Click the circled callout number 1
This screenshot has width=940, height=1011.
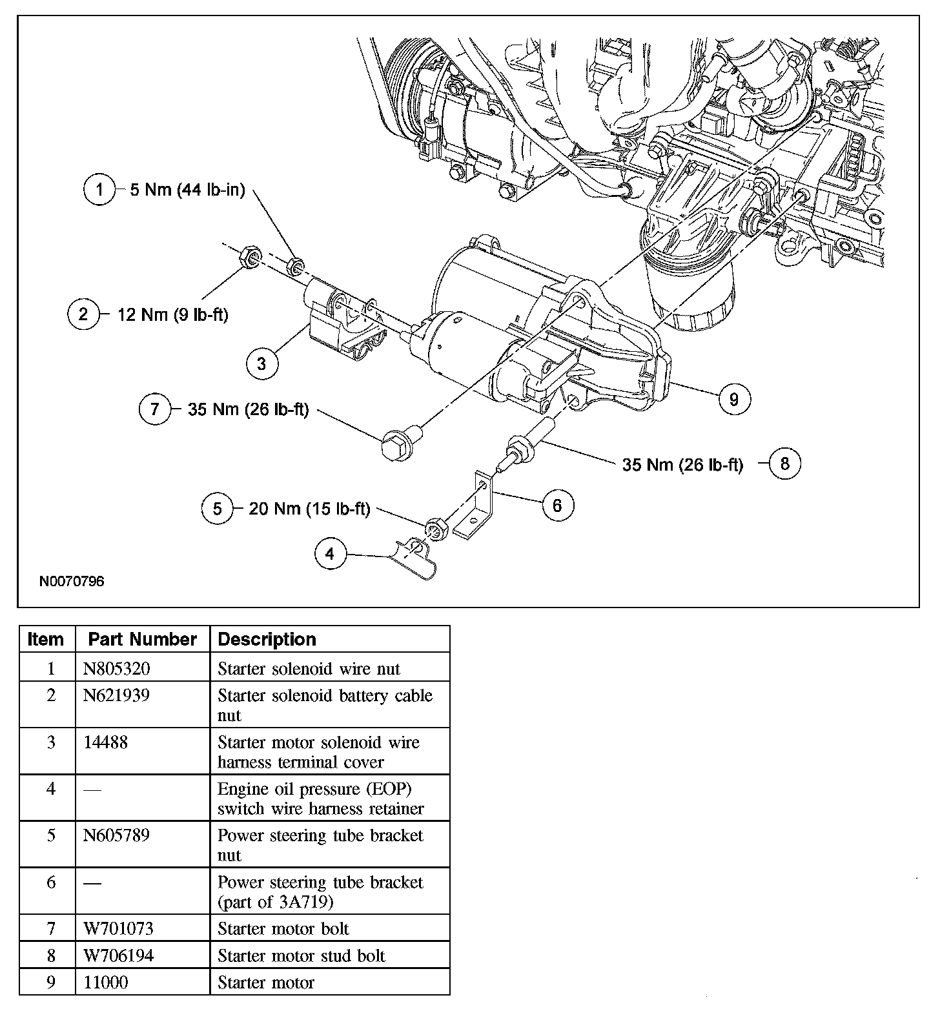pos(99,190)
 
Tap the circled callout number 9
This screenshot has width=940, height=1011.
pos(733,399)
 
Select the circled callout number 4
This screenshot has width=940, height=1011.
pos(330,554)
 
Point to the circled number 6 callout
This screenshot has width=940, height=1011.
pos(557,505)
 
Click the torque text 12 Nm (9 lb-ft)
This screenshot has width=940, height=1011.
pos(172,314)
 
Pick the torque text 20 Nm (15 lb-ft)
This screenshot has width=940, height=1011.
pos(309,509)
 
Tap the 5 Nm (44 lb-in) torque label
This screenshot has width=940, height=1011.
pos(187,190)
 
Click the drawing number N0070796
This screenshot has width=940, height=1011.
pos(72,581)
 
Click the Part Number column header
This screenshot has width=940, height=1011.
pos(142,639)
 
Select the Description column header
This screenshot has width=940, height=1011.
pos(267,639)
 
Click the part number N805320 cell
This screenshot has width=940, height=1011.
pos(116,668)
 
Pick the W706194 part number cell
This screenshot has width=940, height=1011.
pos(119,955)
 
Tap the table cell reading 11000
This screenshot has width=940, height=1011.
pos(106,983)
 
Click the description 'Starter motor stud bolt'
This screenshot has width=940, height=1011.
pos(301,955)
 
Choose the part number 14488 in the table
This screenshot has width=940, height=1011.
pos(106,742)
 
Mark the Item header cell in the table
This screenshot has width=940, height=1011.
pos(46,639)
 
